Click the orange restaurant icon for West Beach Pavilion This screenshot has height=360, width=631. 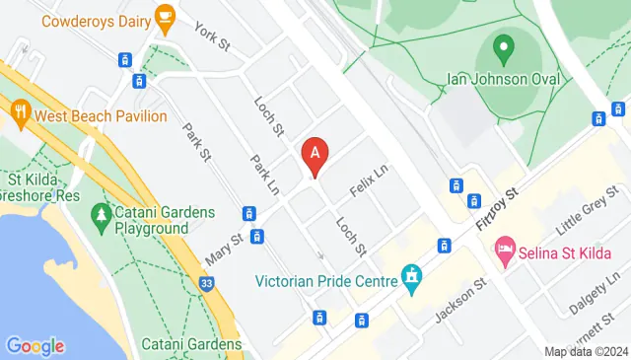tap(20, 113)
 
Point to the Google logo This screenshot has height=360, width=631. tap(35, 345)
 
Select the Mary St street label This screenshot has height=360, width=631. tap(224, 250)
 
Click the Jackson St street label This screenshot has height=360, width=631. tap(461, 301)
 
